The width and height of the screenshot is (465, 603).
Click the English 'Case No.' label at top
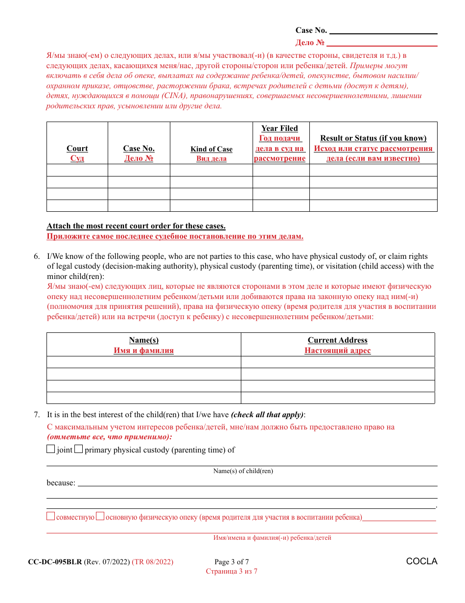(311, 30)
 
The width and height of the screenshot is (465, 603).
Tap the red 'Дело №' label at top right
(310, 43)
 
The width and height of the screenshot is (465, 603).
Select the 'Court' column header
(77, 149)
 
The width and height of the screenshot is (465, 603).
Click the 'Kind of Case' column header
(211, 149)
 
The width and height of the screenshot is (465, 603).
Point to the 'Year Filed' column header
(279, 128)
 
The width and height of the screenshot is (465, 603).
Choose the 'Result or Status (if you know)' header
(373, 138)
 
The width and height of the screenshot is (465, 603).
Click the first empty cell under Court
(77, 170)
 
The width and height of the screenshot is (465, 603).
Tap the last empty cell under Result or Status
(373, 205)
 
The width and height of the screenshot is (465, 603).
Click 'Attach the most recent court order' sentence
(136, 226)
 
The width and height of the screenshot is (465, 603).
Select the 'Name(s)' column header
(143, 340)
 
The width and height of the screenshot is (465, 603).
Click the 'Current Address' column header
(337, 340)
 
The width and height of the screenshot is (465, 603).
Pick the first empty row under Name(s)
(143, 362)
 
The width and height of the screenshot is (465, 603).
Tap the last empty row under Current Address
(337, 398)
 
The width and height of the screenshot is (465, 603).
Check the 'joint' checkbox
(51, 449)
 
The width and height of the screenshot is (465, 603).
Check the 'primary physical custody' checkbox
(78, 449)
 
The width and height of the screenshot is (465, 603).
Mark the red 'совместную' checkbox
(51, 516)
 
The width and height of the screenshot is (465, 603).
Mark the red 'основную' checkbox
(100, 516)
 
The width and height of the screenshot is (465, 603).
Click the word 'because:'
(61, 483)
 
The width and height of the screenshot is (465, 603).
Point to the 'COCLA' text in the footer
(421, 562)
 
